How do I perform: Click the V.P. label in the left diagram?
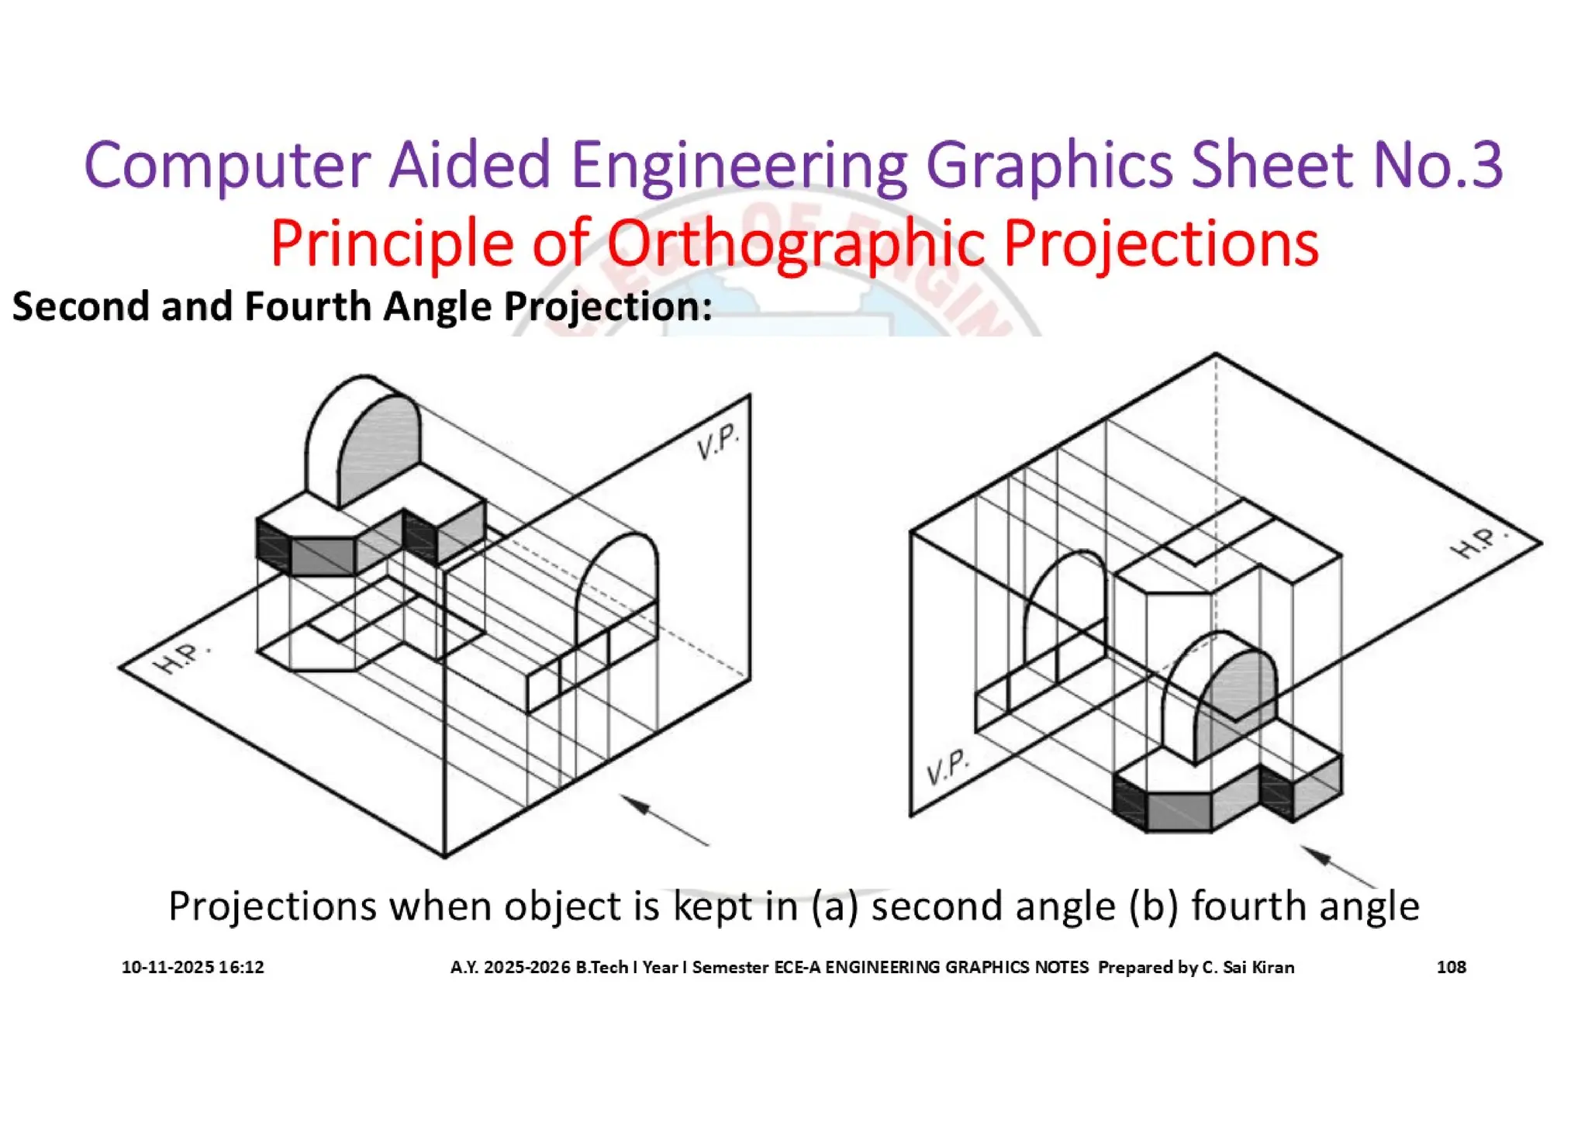[x=717, y=442]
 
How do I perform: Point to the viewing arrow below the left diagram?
[x=665, y=820]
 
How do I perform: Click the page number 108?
[x=1451, y=967]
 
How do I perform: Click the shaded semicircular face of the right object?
[x=1238, y=690]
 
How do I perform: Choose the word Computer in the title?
[x=227, y=165]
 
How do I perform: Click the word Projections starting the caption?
[x=272, y=906]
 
